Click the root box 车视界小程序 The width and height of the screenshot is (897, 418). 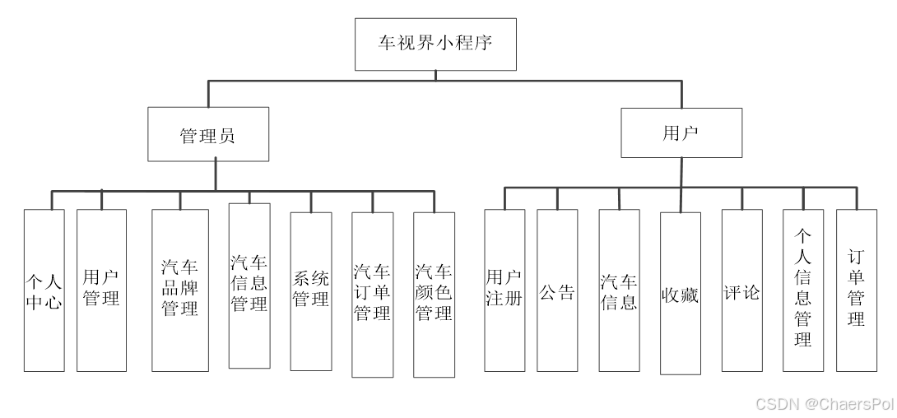pyautogui.click(x=435, y=44)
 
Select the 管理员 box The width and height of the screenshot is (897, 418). pyautogui.click(x=208, y=134)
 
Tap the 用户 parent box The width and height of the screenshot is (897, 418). pyautogui.click(x=681, y=132)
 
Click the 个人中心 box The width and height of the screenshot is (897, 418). pyautogui.click(x=44, y=290)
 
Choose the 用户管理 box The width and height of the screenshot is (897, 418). pyautogui.click(x=101, y=290)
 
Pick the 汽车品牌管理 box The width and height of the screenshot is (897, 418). pyautogui.click(x=180, y=290)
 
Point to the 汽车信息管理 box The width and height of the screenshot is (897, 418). pyautogui.click(x=249, y=286)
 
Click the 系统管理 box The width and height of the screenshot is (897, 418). pyautogui.click(x=310, y=291)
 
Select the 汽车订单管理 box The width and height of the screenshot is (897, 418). pyautogui.click(x=373, y=295)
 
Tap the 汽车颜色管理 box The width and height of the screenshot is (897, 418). pyautogui.click(x=435, y=295)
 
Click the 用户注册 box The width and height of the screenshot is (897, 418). pyautogui.click(x=504, y=290)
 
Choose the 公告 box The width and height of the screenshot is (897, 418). pyautogui.click(x=557, y=290)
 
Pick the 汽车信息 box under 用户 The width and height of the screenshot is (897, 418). pyautogui.click(x=619, y=290)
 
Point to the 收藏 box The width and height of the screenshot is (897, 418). pyautogui.click(x=681, y=294)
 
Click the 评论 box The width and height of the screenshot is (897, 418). pyautogui.click(x=742, y=290)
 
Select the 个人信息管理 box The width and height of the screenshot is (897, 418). pyautogui.click(x=803, y=290)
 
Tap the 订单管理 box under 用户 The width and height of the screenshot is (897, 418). pyautogui.click(x=857, y=290)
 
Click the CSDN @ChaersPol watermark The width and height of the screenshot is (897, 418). pyautogui.click(x=825, y=404)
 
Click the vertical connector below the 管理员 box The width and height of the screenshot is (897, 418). pyautogui.click(x=216, y=176)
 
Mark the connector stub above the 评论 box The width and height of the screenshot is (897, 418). pyautogui.click(x=742, y=198)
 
